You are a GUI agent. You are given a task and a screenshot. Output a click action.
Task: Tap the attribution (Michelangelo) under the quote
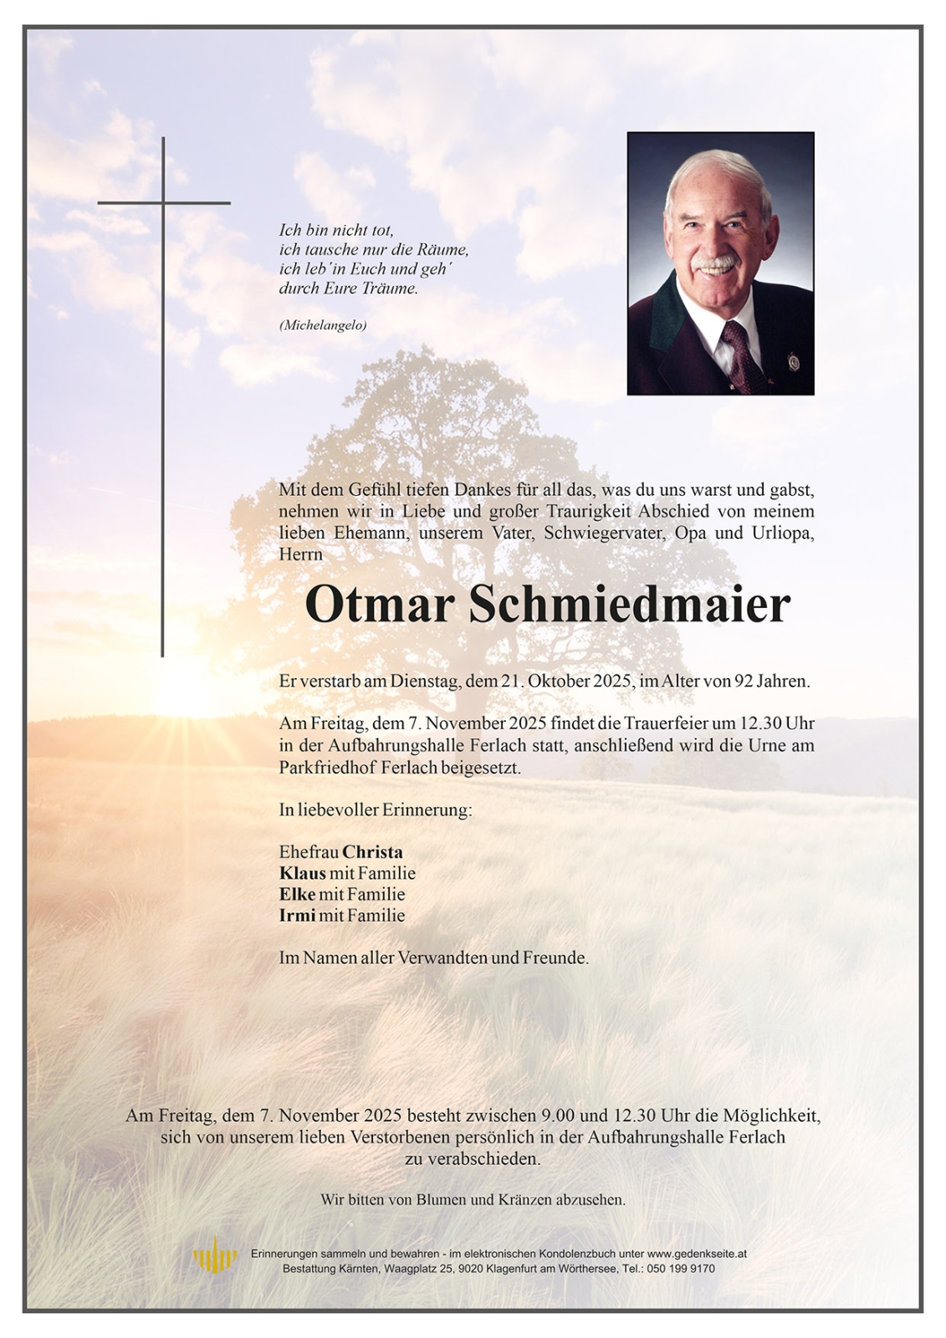click(322, 326)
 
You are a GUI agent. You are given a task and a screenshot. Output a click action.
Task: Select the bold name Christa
click(372, 852)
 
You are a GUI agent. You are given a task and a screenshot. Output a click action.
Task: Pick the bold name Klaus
click(302, 873)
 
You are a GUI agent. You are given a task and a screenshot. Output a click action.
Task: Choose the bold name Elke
click(297, 894)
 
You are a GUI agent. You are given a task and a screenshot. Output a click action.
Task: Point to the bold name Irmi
click(297, 915)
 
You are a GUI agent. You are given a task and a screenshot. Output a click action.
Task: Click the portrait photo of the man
click(720, 263)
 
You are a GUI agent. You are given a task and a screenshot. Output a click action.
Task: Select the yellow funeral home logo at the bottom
click(215, 1256)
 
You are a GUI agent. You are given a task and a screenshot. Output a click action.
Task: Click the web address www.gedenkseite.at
click(696, 1254)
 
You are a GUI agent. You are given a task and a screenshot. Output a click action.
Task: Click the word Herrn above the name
click(300, 554)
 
